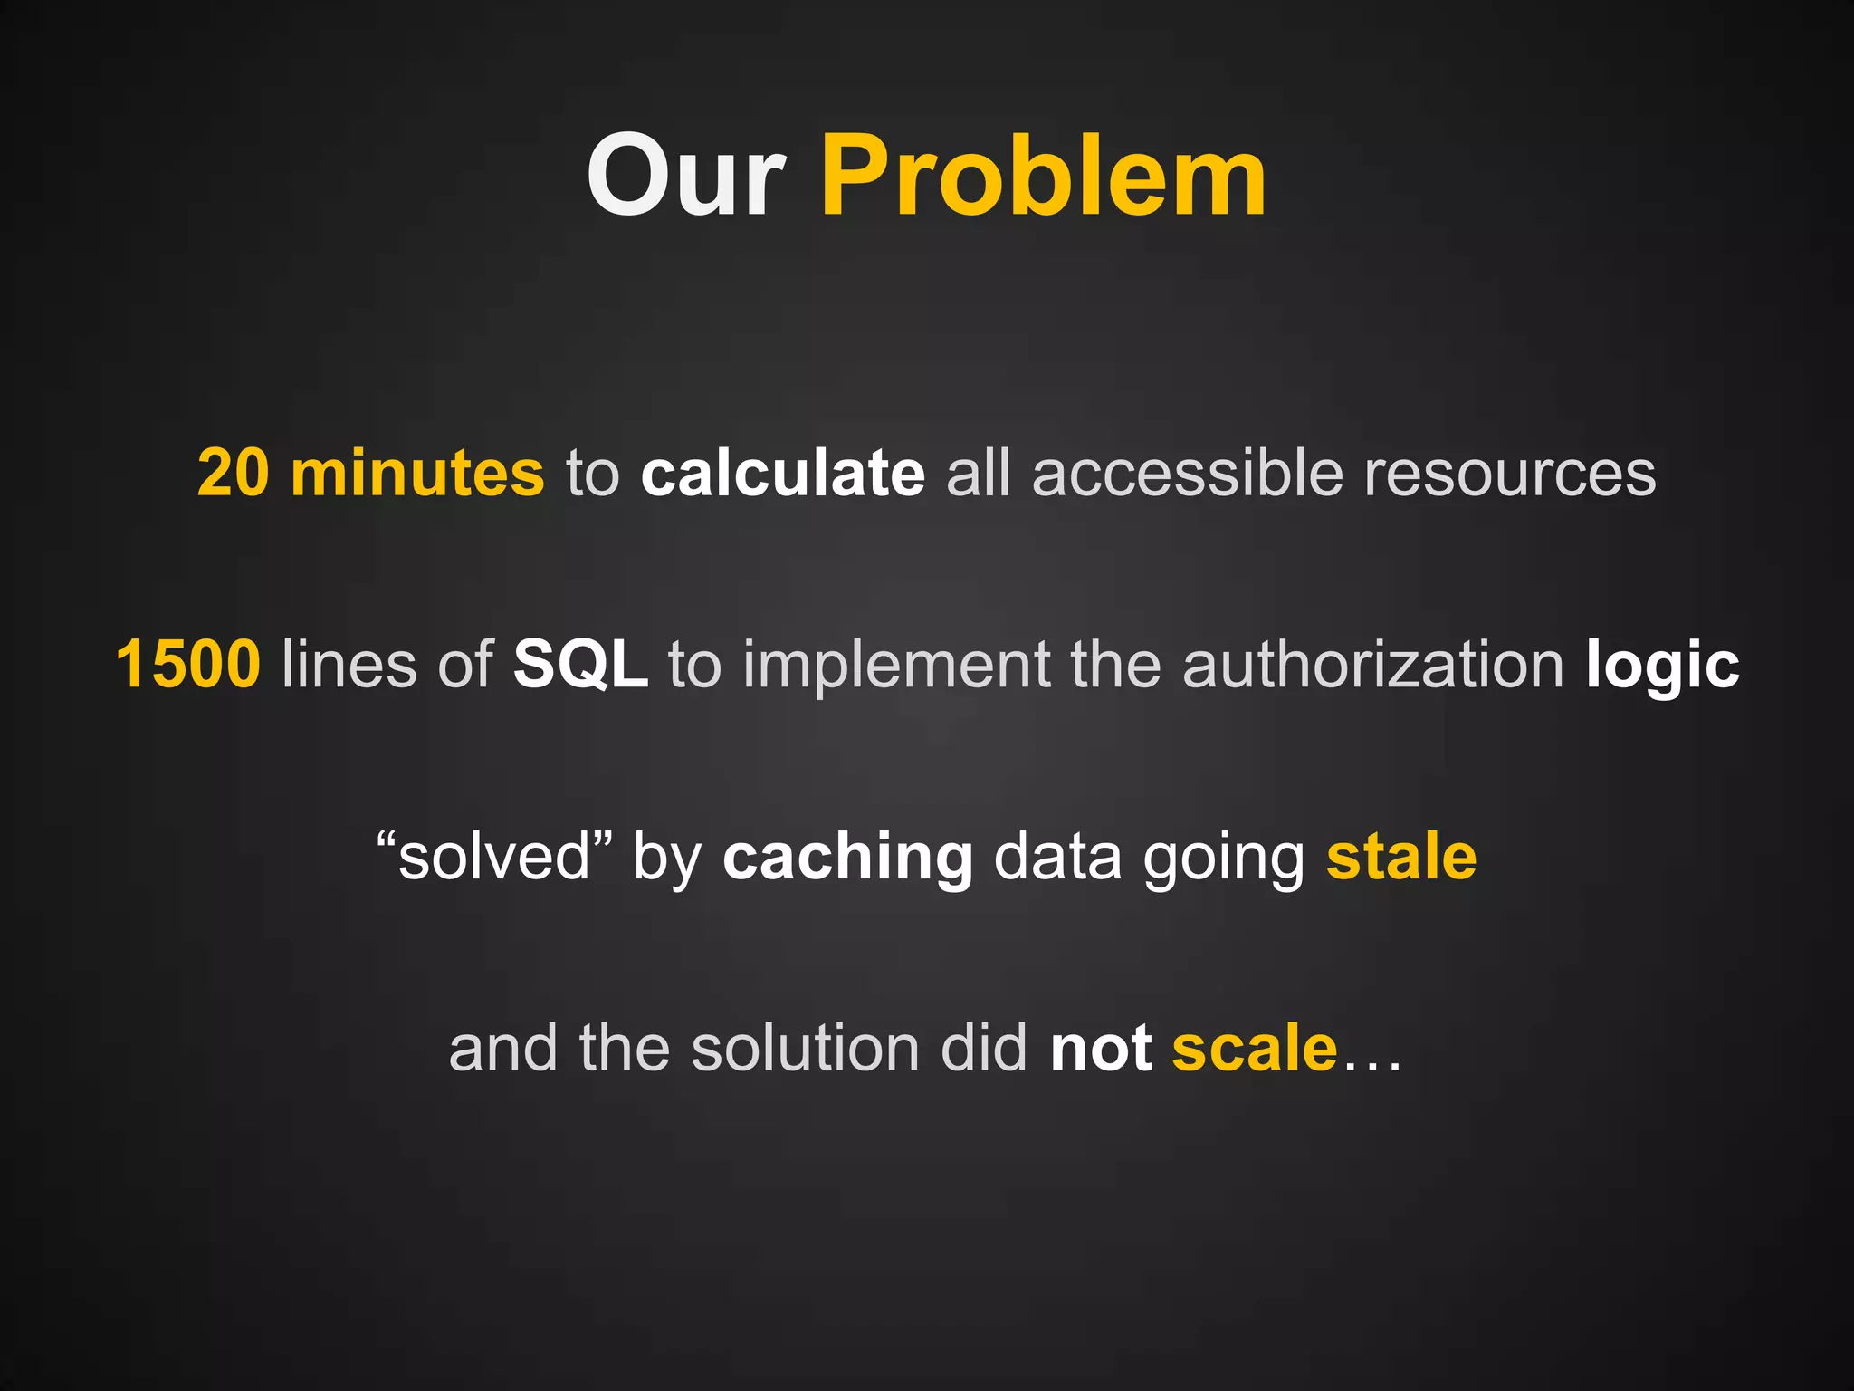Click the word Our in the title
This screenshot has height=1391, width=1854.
click(x=685, y=176)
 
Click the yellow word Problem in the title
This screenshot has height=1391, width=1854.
click(x=1043, y=176)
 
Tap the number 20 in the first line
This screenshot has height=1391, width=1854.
click(x=233, y=473)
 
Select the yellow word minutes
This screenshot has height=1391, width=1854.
click(x=417, y=473)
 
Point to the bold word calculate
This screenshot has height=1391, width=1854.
click(x=782, y=473)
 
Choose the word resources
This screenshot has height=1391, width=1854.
click(x=1509, y=473)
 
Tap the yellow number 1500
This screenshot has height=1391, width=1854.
click(x=188, y=664)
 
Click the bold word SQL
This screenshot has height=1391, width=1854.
click(x=580, y=664)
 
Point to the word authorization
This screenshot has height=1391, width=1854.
click(x=1372, y=664)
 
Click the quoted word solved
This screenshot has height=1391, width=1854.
click(x=494, y=856)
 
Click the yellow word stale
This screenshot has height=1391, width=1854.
click(x=1401, y=856)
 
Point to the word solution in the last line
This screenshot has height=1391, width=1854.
click(x=805, y=1048)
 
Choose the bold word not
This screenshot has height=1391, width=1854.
click(x=1101, y=1048)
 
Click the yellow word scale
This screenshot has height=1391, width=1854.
click(x=1254, y=1048)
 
